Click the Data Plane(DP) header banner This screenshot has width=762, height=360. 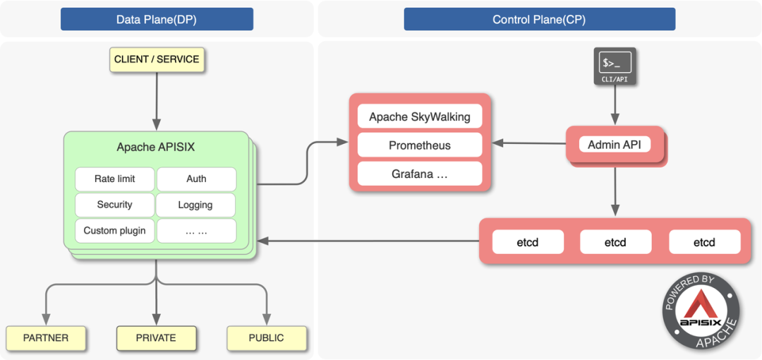(157, 19)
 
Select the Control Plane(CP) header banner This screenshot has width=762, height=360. (539, 19)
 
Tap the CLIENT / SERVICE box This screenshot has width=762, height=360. (157, 59)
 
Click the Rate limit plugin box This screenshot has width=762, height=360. (114, 179)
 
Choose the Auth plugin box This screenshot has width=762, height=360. (196, 179)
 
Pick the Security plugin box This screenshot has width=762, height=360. (114, 205)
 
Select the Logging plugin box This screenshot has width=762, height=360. (196, 205)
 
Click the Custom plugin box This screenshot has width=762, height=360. (114, 231)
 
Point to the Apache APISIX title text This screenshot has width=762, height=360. (155, 148)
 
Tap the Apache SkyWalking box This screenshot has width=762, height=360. (420, 116)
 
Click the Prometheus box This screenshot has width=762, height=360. (420, 145)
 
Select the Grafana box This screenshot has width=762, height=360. (420, 174)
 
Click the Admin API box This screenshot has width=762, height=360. (615, 145)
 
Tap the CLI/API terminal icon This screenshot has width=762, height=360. (615, 66)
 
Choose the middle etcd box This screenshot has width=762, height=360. (615, 242)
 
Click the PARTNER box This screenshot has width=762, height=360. (46, 338)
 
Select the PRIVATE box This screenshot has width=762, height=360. (156, 338)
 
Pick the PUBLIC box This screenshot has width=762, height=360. (266, 338)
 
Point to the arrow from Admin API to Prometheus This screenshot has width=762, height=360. (529, 143)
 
